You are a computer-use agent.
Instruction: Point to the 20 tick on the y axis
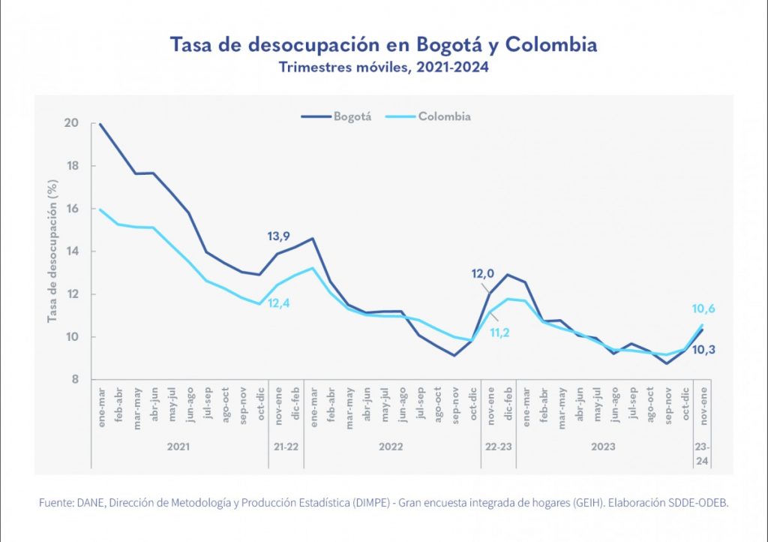coord(73,123)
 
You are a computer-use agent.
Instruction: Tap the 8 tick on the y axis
coord(76,380)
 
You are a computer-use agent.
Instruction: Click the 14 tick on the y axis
coord(73,251)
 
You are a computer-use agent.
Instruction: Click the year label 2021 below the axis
coord(178,447)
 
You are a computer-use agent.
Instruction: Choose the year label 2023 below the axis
coord(603,447)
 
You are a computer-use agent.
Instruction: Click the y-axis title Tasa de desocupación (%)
coord(52,250)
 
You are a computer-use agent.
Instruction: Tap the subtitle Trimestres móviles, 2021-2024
coord(384,68)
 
